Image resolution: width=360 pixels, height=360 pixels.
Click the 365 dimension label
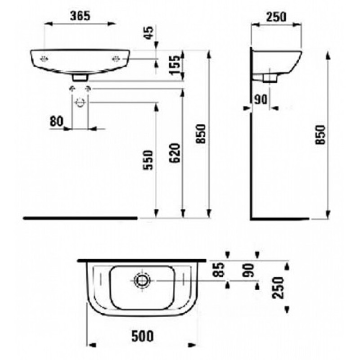pyautogui.click(x=80, y=16)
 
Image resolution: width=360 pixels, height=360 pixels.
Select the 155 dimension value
pyautogui.click(x=175, y=65)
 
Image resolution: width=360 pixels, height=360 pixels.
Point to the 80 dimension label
pyautogui.click(x=57, y=121)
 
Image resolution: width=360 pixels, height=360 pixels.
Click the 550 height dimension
pyautogui.click(x=148, y=160)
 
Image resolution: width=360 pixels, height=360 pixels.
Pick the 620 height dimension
pyautogui.click(x=175, y=153)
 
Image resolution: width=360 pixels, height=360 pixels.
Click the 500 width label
pyautogui.click(x=142, y=336)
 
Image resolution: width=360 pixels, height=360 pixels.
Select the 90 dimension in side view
pyautogui.click(x=261, y=99)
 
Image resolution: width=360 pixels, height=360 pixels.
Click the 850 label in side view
pyautogui.click(x=320, y=135)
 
